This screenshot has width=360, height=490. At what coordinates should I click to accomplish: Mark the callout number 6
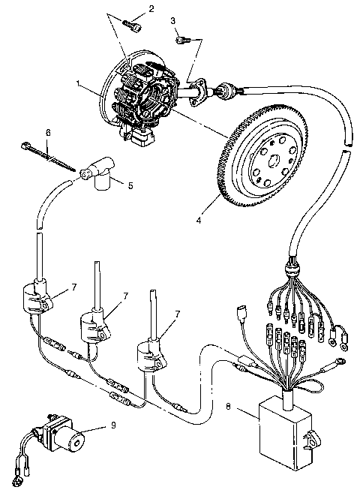48,133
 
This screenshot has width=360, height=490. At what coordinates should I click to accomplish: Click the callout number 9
112,426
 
